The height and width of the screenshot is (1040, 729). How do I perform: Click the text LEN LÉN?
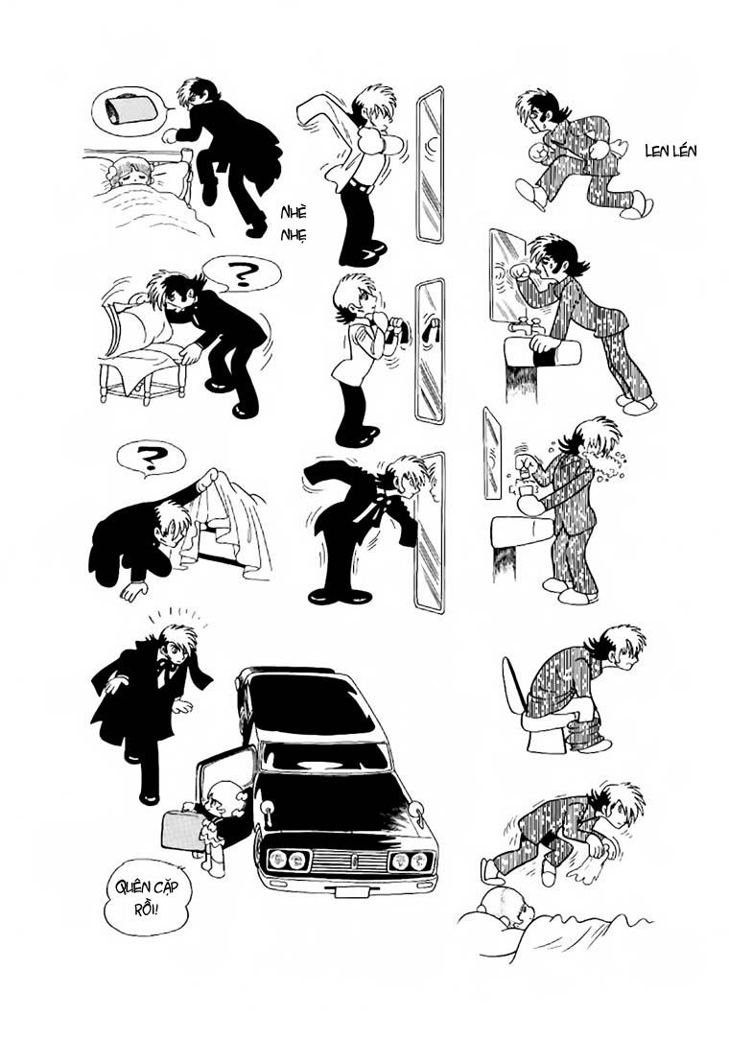(671, 151)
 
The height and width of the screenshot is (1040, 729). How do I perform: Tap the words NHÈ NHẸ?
(293, 224)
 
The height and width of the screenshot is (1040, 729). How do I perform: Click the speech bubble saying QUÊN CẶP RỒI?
(147, 896)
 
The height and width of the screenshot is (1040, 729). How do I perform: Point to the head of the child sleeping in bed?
(128, 173)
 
